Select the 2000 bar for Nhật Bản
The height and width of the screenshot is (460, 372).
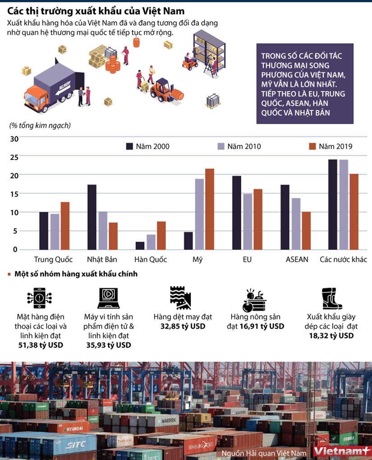[92, 217]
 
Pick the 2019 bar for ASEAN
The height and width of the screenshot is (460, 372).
[306, 231]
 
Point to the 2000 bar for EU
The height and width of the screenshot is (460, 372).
[237, 213]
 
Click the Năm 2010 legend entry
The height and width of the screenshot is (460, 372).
[239, 146]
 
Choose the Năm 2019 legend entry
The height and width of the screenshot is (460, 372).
[330, 146]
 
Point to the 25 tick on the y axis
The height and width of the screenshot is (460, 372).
[14, 157]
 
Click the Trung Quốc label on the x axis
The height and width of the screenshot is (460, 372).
[54, 260]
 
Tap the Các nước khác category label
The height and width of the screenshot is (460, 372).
[343, 260]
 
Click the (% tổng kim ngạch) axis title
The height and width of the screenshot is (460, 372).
[40, 125]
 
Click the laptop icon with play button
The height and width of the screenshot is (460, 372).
[108, 298]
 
